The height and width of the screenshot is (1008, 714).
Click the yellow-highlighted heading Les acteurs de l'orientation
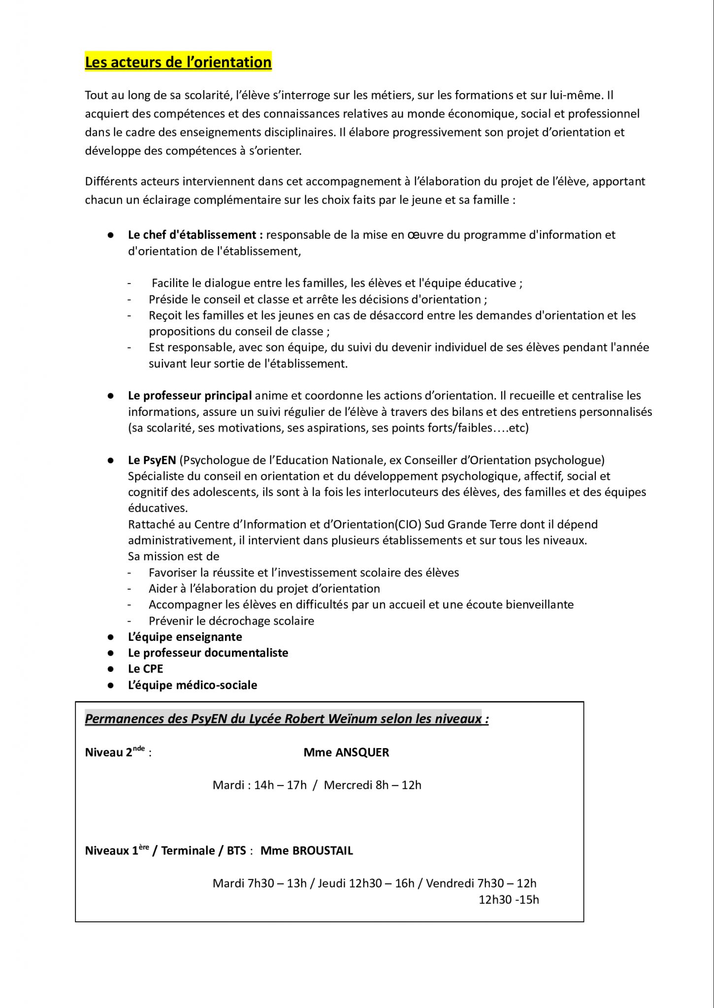(178, 63)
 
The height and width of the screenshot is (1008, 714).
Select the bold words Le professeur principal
(190, 395)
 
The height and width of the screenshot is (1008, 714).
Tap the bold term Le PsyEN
(151, 460)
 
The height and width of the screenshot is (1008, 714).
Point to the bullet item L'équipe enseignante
(185, 637)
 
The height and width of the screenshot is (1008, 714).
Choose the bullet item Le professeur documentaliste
(208, 653)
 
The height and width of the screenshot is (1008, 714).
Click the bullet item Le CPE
(145, 669)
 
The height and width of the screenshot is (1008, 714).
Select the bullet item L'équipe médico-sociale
(192, 685)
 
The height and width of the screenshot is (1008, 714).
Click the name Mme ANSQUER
(346, 753)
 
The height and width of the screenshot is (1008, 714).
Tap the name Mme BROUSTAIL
(306, 850)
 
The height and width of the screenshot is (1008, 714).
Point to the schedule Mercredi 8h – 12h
(373, 785)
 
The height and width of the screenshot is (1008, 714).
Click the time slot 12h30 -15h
(509, 900)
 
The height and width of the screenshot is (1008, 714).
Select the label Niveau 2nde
(115, 753)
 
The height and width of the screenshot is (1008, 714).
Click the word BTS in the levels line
(236, 851)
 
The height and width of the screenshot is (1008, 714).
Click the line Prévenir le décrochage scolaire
(231, 621)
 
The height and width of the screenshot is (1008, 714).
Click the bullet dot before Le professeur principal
(111, 395)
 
